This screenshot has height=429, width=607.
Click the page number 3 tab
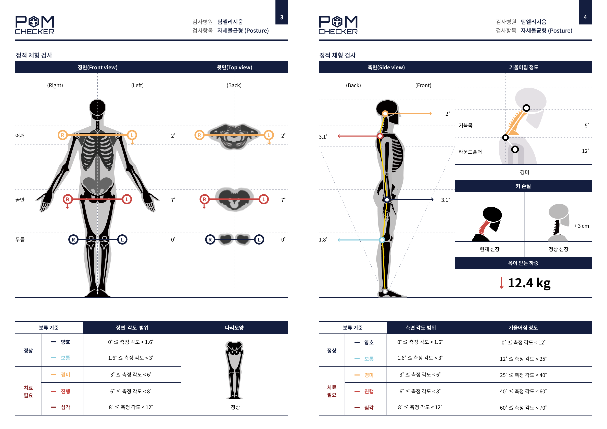pyautogui.click(x=282, y=12)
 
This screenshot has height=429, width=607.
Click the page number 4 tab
pyautogui.click(x=585, y=12)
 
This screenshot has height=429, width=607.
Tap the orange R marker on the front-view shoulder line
pyautogui.click(x=63, y=135)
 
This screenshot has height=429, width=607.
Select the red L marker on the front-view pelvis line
pyautogui.click(x=127, y=199)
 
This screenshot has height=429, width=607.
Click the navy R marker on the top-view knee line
pyautogui.click(x=210, y=240)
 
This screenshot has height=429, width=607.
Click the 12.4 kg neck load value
pyautogui.click(x=529, y=283)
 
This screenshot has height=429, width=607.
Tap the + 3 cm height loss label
pyautogui.click(x=581, y=226)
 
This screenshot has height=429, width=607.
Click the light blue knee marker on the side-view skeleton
pyautogui.click(x=382, y=240)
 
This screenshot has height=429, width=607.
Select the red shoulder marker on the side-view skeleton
pyautogui.click(x=380, y=136)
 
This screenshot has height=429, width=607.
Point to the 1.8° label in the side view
pyautogui.click(x=323, y=240)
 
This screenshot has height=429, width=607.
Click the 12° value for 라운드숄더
pyautogui.click(x=585, y=151)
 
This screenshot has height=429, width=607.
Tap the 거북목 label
pyautogui.click(x=465, y=125)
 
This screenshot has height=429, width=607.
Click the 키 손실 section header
pyautogui.click(x=523, y=186)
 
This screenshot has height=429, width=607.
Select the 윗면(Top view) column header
pyautogui.click(x=235, y=67)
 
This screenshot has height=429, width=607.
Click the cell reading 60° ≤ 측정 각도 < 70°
pyautogui.click(x=523, y=408)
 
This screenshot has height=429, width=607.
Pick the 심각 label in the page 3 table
pyautogui.click(x=65, y=407)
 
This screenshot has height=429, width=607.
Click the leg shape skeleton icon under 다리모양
pyautogui.click(x=234, y=370)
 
